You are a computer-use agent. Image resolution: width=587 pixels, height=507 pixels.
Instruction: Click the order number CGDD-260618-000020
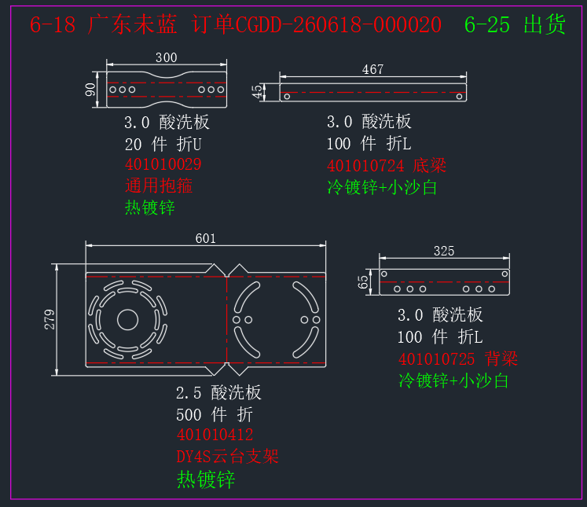(x=339, y=24)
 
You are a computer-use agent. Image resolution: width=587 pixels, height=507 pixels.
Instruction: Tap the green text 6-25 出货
(x=515, y=24)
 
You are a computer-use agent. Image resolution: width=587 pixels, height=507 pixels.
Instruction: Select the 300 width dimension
(x=167, y=57)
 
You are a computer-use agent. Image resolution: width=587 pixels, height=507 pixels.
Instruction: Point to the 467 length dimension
(x=372, y=69)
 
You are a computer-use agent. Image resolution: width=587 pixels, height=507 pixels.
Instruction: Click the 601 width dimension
(x=206, y=238)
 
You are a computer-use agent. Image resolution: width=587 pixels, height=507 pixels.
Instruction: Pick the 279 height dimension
(x=50, y=319)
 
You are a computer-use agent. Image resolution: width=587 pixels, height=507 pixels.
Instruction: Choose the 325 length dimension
(x=444, y=251)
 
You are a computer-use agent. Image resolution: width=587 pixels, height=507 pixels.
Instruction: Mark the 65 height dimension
(x=363, y=282)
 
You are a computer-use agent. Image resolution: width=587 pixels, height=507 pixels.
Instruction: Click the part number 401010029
(x=163, y=164)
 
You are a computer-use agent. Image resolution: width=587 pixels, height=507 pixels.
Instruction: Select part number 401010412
(x=215, y=435)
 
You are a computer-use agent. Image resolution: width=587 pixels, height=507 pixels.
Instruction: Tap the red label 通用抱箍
(x=159, y=186)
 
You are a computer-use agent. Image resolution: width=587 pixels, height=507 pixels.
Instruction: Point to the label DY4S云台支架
(x=227, y=457)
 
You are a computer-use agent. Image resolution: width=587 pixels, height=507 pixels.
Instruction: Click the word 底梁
(x=429, y=166)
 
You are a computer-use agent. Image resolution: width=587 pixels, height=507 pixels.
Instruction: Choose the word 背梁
(x=501, y=358)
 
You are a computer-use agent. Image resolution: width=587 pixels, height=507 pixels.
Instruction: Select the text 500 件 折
(x=215, y=414)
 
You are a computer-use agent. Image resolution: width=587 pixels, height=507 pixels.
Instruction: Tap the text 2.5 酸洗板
(x=218, y=393)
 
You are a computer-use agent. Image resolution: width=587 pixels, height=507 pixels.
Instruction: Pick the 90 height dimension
(x=90, y=90)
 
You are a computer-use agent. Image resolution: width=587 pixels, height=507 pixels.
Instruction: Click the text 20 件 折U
(x=163, y=144)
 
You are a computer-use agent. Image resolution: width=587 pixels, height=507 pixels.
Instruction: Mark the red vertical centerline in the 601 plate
(x=226, y=319)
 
